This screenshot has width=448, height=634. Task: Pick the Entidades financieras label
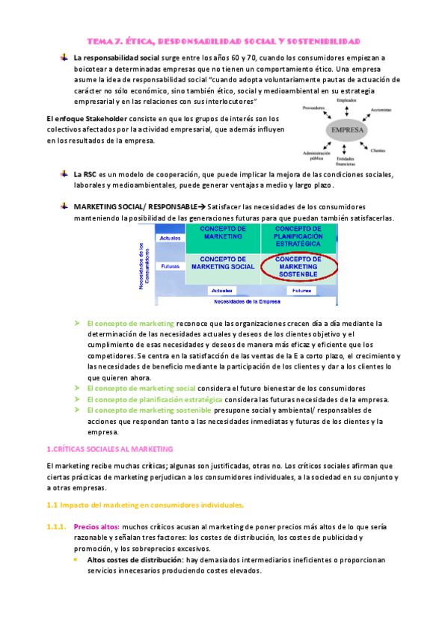coord(346,160)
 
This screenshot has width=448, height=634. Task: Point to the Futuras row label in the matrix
coord(169,265)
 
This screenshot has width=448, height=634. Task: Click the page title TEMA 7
coord(224,41)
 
